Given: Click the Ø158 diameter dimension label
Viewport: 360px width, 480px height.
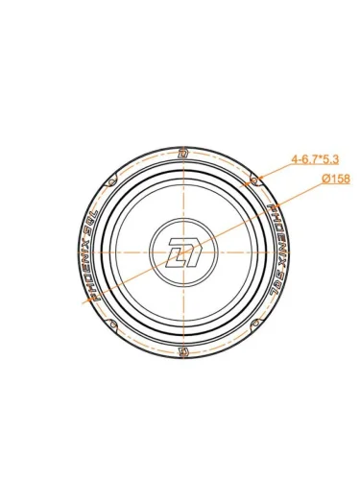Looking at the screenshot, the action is click(336, 179).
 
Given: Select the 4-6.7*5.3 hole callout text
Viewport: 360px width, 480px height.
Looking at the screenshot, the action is click(315, 159).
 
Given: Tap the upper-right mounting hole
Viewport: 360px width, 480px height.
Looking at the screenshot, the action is click(254, 180).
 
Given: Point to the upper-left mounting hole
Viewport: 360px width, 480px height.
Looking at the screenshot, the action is click(111, 181).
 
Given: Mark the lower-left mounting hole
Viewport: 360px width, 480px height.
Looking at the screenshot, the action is click(112, 324).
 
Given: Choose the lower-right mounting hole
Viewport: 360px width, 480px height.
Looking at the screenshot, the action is click(254, 324).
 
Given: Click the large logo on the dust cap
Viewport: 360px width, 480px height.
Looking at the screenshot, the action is click(183, 252).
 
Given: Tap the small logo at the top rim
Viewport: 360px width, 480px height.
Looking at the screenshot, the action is click(183, 154).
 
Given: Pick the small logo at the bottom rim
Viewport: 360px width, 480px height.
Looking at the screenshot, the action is click(183, 351).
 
